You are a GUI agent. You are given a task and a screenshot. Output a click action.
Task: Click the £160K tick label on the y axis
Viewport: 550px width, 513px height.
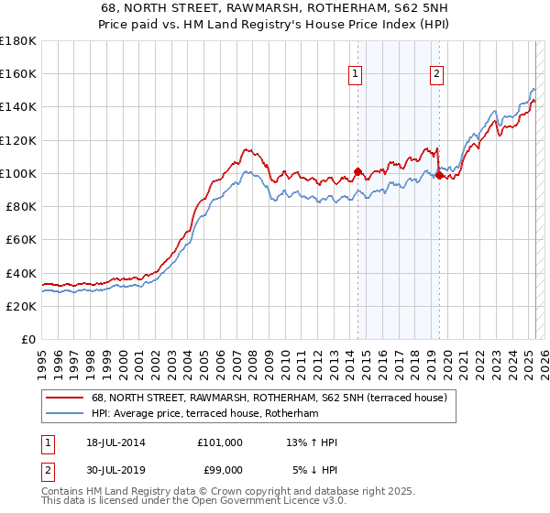[x=17, y=74]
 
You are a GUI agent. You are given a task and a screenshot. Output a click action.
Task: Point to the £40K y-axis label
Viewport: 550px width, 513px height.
[x=20, y=273]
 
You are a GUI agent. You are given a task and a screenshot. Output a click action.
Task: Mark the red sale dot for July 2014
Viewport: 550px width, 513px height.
[x=357, y=171]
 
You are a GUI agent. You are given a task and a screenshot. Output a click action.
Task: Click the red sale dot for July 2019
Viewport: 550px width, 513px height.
[x=439, y=175]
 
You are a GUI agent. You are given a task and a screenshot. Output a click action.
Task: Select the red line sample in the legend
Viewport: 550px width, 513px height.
[x=63, y=398]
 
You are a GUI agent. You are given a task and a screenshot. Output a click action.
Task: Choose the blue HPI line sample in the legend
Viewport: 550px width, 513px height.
[x=63, y=414]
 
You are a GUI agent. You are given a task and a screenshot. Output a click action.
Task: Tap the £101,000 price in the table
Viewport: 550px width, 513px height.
[x=219, y=442]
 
